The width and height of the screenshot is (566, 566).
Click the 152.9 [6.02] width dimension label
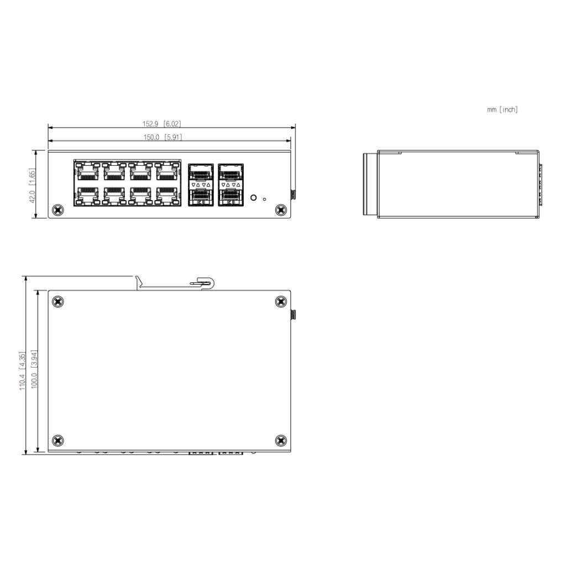coord(161,124)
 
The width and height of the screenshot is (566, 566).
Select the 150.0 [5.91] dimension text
coord(163,137)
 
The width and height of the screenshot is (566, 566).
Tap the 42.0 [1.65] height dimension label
coord(32,186)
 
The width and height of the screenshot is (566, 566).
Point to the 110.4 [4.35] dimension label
coord(22,371)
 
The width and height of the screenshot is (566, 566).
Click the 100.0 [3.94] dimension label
coord(34,369)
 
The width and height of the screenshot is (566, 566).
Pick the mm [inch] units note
coord(502,109)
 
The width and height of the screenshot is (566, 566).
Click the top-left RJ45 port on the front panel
coord(88,171)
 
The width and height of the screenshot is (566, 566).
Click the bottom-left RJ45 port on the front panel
coord(88,196)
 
